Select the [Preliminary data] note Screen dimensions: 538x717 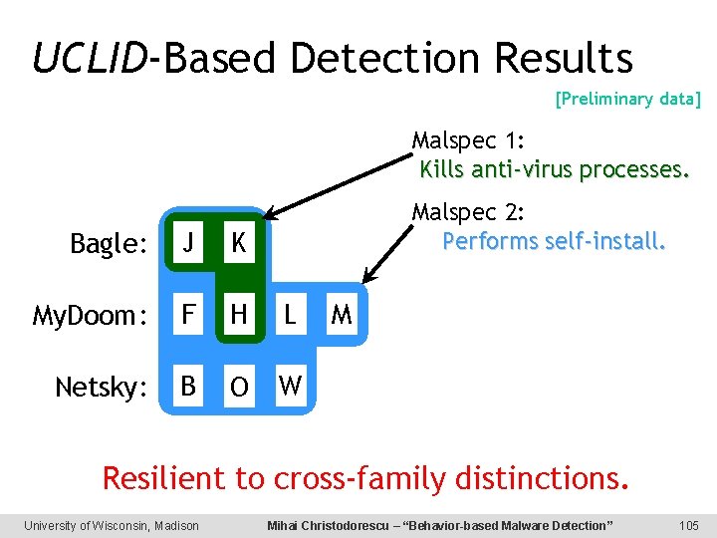627,99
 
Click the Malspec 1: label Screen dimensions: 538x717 469,140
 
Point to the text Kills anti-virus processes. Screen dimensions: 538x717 554,169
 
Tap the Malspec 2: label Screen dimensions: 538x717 469,213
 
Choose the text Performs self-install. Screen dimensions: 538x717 554,242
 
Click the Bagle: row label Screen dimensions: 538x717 109,244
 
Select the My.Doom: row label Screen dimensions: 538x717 91,316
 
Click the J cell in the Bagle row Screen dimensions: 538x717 186,243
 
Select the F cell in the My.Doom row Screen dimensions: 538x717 186,315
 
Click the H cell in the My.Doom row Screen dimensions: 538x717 238,315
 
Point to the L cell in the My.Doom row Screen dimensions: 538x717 290,315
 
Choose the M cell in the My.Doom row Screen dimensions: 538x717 342,315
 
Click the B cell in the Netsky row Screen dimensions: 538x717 186,386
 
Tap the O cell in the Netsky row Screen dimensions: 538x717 238,387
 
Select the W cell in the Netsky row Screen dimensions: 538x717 290,386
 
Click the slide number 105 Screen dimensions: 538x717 688,525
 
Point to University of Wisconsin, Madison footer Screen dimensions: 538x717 112,525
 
